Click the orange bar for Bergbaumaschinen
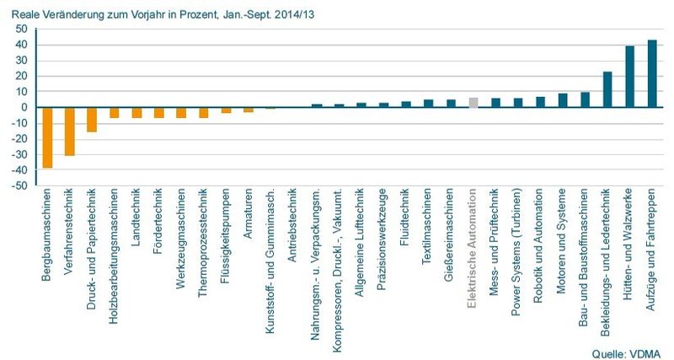[x=48, y=137]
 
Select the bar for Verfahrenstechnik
[x=70, y=132]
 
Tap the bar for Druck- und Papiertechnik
[x=92, y=120]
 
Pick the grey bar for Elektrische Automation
[x=473, y=103]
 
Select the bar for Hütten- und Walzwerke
[x=629, y=77]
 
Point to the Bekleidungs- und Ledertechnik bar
[x=607, y=89]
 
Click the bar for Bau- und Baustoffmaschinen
[x=585, y=99]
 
